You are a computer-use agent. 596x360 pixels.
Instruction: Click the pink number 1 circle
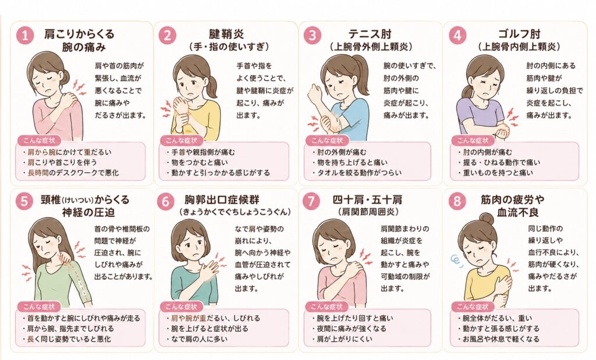coord(25,35)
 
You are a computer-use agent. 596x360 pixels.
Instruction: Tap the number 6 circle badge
coord(165,201)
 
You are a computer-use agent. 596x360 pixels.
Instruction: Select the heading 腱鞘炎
coord(227,34)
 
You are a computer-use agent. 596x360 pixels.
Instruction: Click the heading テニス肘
coord(370,34)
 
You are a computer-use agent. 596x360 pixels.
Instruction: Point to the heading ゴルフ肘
coord(519,34)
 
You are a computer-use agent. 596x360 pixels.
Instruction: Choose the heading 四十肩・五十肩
coord(368,199)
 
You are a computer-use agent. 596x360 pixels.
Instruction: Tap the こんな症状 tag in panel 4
coord(473,141)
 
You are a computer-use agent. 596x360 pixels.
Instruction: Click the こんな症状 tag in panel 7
coord(327,306)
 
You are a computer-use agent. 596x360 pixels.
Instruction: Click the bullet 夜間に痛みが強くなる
coord(349,329)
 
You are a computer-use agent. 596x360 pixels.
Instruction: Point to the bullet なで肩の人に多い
coord(197,338)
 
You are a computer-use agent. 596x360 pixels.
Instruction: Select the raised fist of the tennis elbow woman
coord(314,92)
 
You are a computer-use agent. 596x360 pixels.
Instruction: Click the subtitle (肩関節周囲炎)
coord(368,212)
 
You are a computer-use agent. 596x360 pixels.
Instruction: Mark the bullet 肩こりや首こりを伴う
coord(59,162)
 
